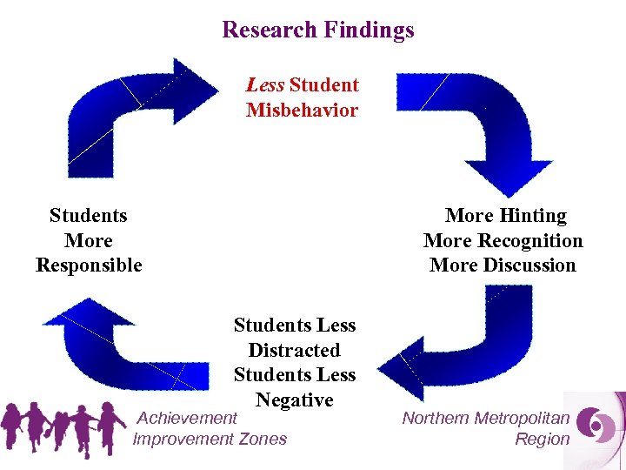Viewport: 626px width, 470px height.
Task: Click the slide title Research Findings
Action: coord(317,30)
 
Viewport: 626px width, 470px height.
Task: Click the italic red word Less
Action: coord(264,85)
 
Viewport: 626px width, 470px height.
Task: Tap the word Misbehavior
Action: coord(302,111)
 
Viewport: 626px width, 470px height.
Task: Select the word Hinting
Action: coord(533,216)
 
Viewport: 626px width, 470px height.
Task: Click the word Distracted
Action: coord(294,350)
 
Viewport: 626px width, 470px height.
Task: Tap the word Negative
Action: coord(294,400)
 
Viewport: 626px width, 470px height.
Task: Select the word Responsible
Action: coord(89,265)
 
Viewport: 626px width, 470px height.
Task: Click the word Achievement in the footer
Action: coord(188,419)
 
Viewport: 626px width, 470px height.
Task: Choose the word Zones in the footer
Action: coord(263,439)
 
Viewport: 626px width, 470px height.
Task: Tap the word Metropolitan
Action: coord(523,419)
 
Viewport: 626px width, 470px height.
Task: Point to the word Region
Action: coord(542,439)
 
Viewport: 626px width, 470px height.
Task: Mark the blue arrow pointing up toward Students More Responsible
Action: coord(122,344)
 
